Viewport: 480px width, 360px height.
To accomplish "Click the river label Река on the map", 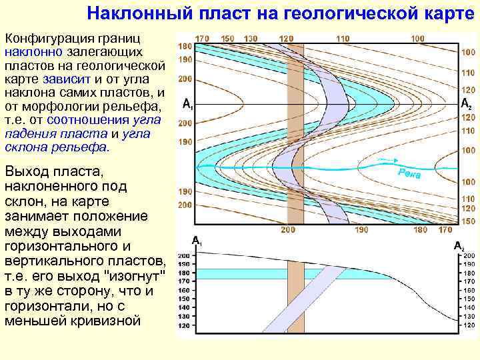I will pos(408,173).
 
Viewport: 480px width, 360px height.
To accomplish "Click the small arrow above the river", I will pos(387,161).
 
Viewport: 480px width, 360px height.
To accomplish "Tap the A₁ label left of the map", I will pos(188,104).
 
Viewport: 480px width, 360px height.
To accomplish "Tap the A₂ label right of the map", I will pos(467,104).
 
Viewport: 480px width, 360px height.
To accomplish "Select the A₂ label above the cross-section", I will pos(459,247).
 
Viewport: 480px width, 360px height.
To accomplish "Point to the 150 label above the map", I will pos(228,39).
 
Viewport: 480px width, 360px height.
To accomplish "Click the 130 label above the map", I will pos(250,39).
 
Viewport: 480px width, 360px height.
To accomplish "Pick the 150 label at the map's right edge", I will pos(469,221).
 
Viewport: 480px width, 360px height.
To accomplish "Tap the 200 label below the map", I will pos(287,230).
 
